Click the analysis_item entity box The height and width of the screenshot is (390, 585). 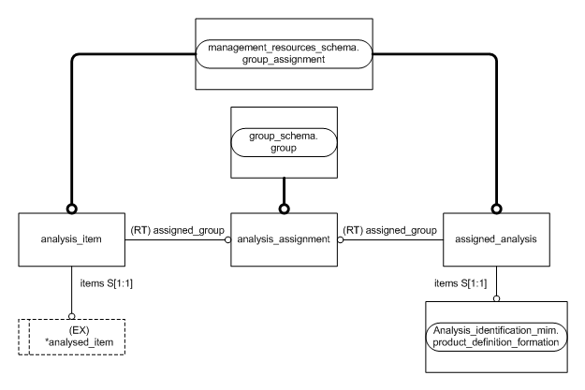click(70, 238)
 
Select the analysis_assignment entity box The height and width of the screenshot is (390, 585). click(283, 238)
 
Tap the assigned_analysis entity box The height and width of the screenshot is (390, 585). click(494, 238)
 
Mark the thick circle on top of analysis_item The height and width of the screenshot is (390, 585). click(70, 209)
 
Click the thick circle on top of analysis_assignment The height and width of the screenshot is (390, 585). click(283, 209)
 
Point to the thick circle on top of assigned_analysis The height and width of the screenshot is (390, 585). click(494, 209)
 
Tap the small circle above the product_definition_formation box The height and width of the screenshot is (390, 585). click(494, 298)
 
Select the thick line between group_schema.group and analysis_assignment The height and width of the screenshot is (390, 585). click(283, 191)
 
